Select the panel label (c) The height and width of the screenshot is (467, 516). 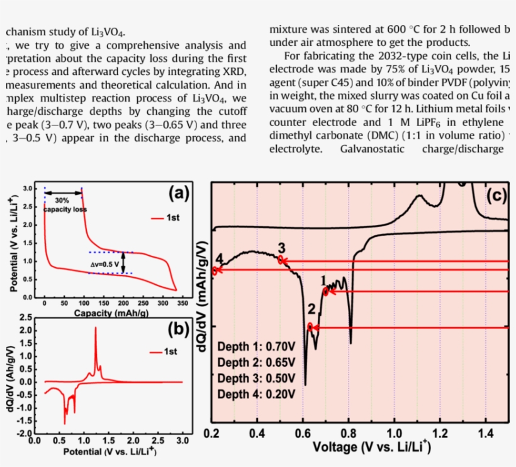pyautogui.click(x=496, y=196)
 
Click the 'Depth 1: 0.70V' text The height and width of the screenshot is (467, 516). pyautogui.click(x=255, y=347)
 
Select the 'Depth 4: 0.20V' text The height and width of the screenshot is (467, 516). pyautogui.click(x=255, y=395)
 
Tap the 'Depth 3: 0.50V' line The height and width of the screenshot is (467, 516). pyautogui.click(x=255, y=379)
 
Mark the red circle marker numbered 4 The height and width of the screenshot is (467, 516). pyautogui.click(x=215, y=270)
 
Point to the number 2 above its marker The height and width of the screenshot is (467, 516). pyautogui.click(x=311, y=309)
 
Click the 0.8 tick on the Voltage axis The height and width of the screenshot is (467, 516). pyautogui.click(x=349, y=434)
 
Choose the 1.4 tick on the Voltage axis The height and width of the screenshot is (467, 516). pyautogui.click(x=485, y=434)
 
